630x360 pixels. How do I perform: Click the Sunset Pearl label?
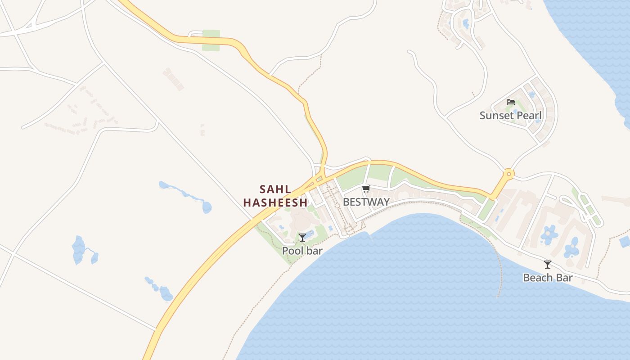point(510,115)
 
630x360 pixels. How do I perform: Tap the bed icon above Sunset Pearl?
point(510,102)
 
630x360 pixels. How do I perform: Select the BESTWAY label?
point(366,202)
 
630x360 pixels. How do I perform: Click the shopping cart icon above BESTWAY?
point(366,189)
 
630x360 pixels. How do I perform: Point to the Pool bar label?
point(302,251)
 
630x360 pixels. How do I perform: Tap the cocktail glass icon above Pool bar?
point(302,237)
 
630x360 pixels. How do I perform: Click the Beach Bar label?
point(547,278)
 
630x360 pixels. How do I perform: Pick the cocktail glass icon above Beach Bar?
point(547,265)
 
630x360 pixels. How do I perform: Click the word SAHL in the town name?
point(275,189)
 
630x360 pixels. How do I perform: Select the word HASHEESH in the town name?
point(275,202)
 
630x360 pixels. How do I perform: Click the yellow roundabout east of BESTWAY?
point(508,173)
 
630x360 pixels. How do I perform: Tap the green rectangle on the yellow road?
point(211,40)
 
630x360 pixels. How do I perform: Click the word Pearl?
point(528,115)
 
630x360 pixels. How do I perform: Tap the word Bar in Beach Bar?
point(563,278)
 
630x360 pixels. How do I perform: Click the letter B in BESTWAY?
point(346,202)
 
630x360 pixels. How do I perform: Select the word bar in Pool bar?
point(314,251)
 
